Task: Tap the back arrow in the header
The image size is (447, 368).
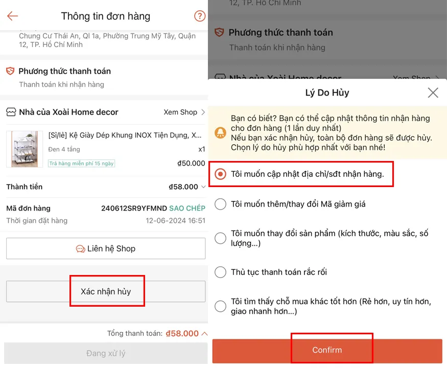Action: tap(13, 16)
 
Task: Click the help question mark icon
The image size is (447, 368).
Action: tap(200, 16)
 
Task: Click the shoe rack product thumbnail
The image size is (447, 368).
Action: tap(25, 149)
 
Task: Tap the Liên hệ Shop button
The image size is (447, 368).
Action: tap(106, 249)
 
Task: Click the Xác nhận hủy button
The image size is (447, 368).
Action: tap(106, 291)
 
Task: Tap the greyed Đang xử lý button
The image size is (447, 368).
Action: tap(106, 353)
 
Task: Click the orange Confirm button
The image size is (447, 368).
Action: tap(327, 350)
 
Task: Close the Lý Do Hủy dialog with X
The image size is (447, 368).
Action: tap(433, 93)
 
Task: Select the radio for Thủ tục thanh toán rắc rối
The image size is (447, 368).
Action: tap(220, 272)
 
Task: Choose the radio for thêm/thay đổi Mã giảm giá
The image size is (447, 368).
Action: tap(220, 204)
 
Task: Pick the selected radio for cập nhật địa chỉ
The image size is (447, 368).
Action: tap(220, 174)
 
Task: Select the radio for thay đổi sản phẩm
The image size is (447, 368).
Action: tap(220, 238)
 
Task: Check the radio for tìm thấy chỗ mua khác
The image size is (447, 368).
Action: tap(220, 306)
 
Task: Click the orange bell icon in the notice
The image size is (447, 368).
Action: tap(221, 133)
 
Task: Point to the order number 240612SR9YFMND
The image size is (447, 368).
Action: tap(134, 208)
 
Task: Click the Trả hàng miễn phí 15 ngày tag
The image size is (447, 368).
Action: tap(82, 164)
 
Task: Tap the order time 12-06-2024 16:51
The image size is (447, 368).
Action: tap(175, 221)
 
